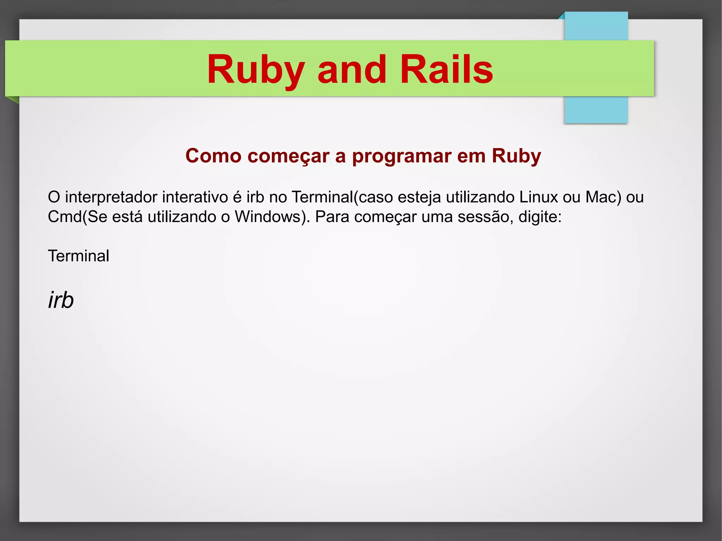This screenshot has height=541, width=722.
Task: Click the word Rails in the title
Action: point(446,69)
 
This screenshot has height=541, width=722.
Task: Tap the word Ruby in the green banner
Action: point(256,69)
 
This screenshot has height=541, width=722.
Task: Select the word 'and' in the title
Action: point(351,69)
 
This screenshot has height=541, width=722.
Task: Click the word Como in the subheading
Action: point(213,156)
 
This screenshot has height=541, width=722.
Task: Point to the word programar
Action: point(402,156)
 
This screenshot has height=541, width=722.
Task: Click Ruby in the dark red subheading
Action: point(516,156)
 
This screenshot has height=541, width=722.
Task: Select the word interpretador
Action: point(111,197)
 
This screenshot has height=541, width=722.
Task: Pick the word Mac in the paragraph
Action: point(603,197)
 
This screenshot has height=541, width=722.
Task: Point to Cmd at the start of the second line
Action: point(65,217)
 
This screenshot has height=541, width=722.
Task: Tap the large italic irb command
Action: point(61,300)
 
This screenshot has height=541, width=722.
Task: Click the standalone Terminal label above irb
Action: point(79,256)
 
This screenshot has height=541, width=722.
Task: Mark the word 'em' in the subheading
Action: point(472,156)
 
